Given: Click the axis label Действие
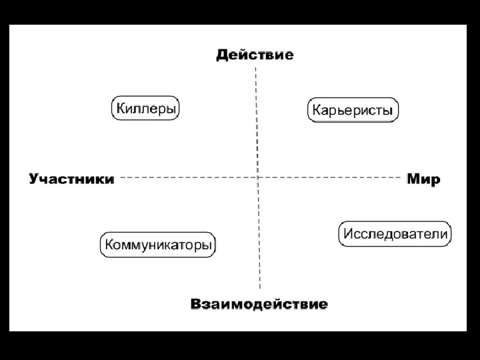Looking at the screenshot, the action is point(255,55).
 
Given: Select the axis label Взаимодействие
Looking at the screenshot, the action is point(259,305).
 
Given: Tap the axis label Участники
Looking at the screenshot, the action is point(71,179).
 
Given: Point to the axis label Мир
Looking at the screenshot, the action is point(424,179).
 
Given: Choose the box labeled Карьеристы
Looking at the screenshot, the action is point(353,110).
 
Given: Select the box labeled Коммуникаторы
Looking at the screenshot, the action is point(159,245).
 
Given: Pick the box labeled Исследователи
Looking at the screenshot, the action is point(395,234).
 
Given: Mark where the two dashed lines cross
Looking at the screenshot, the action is point(258,177).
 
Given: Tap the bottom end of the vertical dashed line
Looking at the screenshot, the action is point(259,289).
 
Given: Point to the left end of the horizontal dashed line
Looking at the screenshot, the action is point(121,177).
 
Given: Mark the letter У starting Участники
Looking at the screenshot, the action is point(34,179).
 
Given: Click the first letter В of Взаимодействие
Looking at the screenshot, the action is point(197,305).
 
